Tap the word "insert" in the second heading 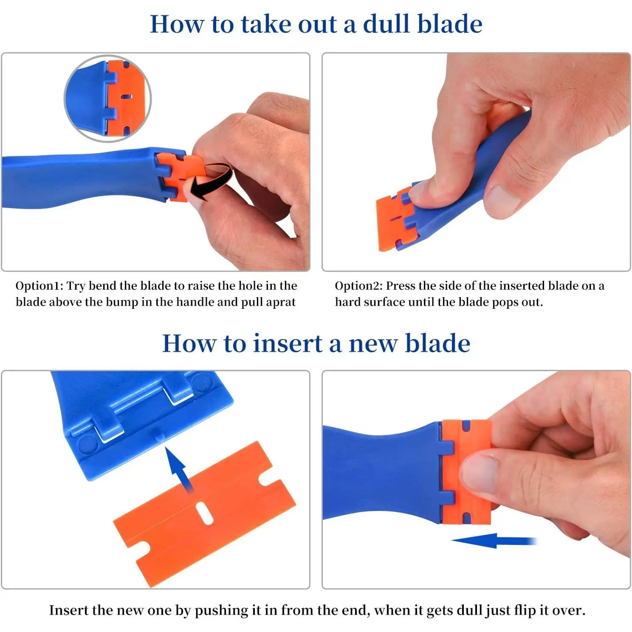288,343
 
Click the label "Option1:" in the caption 39,286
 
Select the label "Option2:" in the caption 358,286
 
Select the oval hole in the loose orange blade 205,513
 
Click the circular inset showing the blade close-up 108,99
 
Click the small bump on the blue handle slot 158,435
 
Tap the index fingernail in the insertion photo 480,474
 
